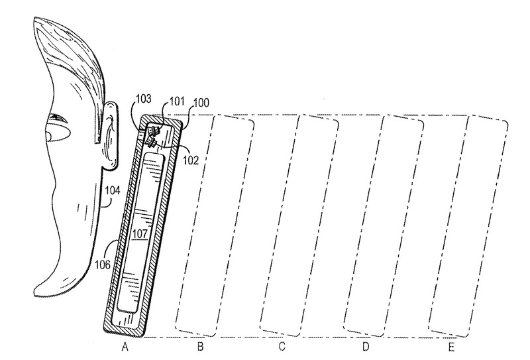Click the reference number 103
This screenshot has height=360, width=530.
pos(143,99)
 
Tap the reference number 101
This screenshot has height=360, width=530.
pos(177,101)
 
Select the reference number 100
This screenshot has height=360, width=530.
pos(201,103)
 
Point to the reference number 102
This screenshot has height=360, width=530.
pos(191,160)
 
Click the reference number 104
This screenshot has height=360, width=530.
pos(113,190)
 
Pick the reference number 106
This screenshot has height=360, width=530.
pos(103,265)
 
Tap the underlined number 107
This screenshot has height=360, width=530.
pos(140,233)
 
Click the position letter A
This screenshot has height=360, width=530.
pos(125,347)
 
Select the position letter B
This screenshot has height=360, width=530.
pos(200,347)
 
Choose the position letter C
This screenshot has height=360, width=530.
pos(282,347)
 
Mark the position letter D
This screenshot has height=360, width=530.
pos(366,347)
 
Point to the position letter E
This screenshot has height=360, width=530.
pos(451,347)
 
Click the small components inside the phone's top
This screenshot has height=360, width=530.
pos(152,136)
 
